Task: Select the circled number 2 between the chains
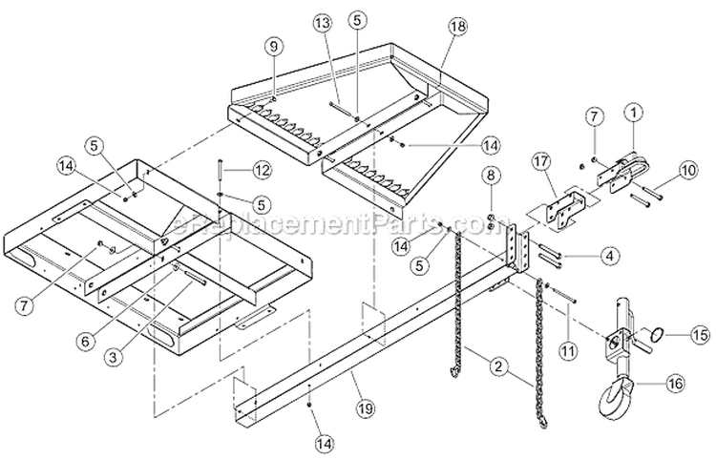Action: [497, 364]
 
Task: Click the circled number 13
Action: [323, 22]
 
